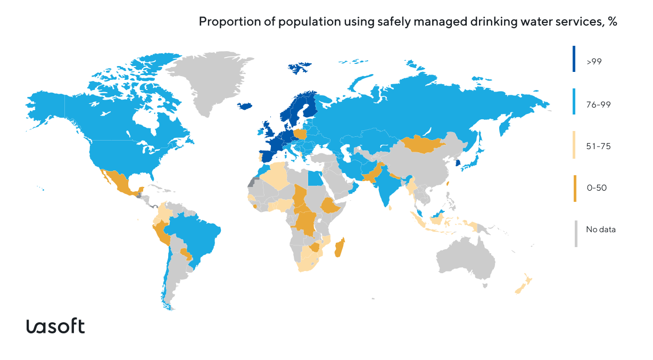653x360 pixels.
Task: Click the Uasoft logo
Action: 55,326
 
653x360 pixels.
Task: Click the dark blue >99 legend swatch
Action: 575,59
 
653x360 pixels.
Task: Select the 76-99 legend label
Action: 598,105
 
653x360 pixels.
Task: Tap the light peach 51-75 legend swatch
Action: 575,145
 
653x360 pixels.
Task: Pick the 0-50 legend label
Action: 597,188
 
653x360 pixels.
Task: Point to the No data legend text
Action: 601,230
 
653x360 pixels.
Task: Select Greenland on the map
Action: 213,80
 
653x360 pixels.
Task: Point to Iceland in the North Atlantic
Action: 244,105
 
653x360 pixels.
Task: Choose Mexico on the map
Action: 120,184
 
